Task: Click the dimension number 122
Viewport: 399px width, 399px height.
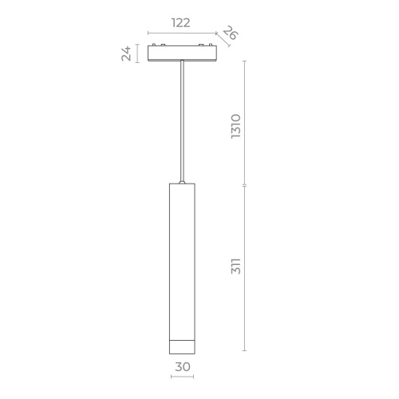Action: [181, 24]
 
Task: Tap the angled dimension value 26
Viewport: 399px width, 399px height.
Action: [230, 34]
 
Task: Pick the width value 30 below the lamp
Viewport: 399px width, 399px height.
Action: [184, 367]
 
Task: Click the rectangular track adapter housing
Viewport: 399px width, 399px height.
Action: [183, 53]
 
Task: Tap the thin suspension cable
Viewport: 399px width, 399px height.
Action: [184, 120]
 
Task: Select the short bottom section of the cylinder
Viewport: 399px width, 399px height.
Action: [183, 346]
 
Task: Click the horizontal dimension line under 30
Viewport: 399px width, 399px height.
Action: [183, 377]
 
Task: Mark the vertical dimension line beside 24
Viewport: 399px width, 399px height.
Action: [138, 53]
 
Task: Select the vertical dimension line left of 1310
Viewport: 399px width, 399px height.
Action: [245, 124]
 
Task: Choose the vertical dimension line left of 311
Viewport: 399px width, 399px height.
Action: [245, 267]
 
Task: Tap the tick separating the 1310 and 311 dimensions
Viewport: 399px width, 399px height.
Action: [245, 185]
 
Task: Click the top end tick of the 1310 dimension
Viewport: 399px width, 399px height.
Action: [245, 61]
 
